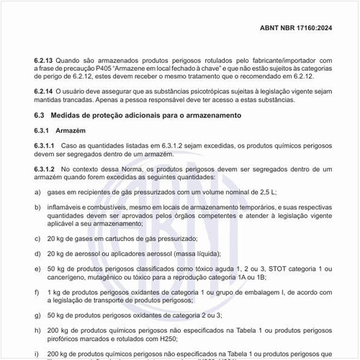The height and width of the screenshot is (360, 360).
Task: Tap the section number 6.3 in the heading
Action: point(40,115)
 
